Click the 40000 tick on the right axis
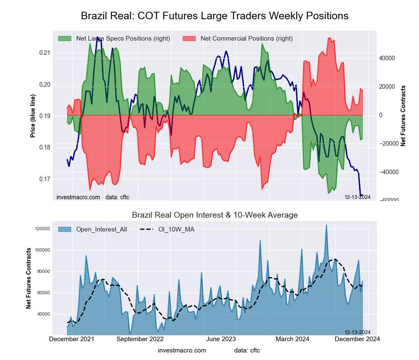pyautogui.click(x=387, y=58)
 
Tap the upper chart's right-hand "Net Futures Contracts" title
pyautogui.click(x=403, y=116)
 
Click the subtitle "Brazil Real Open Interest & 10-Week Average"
pyautogui.click(x=215, y=215)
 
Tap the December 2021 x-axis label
pyautogui.click(x=72, y=339)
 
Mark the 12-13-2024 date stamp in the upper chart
pyautogui.click(x=357, y=197)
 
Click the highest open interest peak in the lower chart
pyautogui.click(x=326, y=225)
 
